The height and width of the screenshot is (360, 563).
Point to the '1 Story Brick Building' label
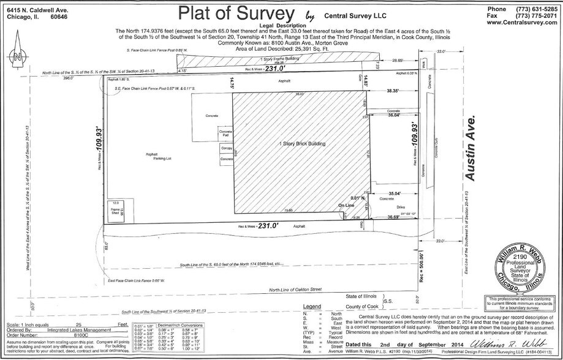301,143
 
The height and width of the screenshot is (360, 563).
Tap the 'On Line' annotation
346,206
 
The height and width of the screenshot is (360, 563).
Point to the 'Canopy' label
225,148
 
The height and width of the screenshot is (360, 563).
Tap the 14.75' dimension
232,83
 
